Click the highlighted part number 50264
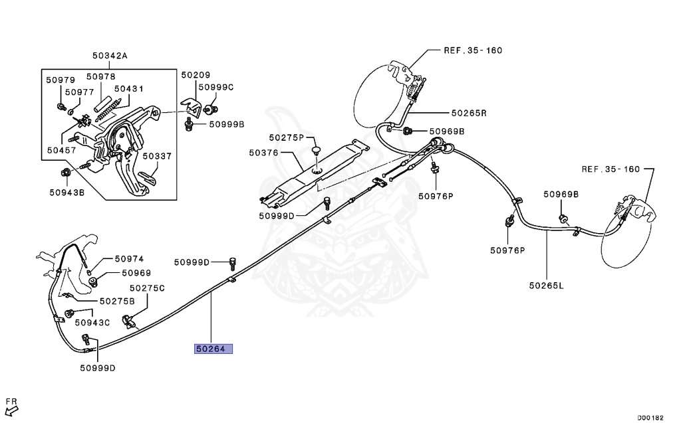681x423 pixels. click(213, 348)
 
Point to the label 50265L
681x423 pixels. click(546, 286)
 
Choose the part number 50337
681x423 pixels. click(157, 156)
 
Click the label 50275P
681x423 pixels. click(286, 137)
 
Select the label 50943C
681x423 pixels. click(92, 323)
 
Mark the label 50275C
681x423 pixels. click(147, 288)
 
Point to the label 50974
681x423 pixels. click(129, 259)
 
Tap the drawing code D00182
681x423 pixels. click(650, 418)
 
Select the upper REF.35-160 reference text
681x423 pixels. click(474, 50)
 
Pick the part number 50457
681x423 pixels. click(61, 150)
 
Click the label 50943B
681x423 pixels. click(67, 193)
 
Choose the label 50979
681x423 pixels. click(61, 80)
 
